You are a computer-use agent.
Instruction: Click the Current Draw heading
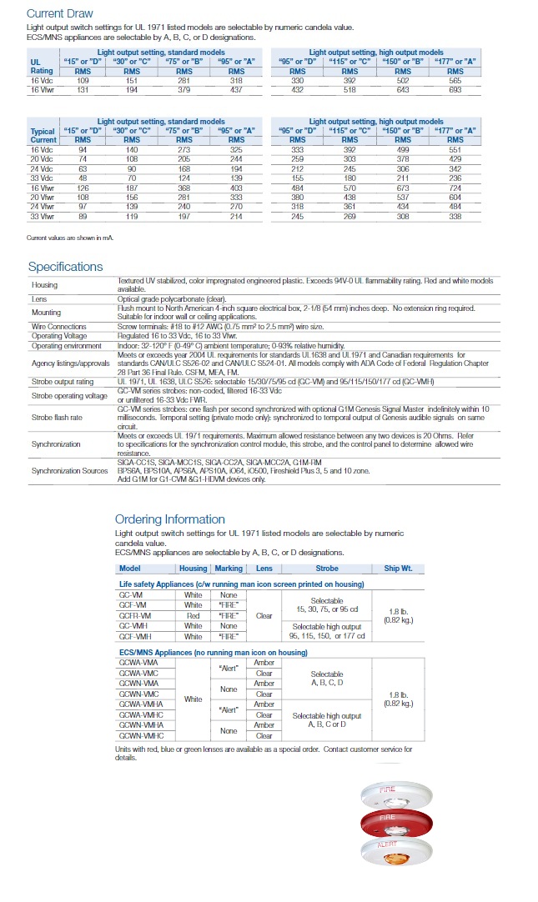59,13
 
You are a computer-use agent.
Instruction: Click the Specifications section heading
66,267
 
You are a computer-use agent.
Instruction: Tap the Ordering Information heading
170,519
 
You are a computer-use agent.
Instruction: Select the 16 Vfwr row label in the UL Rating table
42,89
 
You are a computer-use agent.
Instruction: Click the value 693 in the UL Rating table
455,89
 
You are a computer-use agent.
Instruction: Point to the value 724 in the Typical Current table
455,188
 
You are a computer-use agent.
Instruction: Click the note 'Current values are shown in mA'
69,238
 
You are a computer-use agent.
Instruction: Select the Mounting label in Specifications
46,313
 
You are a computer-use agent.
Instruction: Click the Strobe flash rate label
57,417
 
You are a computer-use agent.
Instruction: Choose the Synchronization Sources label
70,471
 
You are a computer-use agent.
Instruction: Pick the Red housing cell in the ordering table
193,615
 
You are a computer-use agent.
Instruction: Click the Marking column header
228,569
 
